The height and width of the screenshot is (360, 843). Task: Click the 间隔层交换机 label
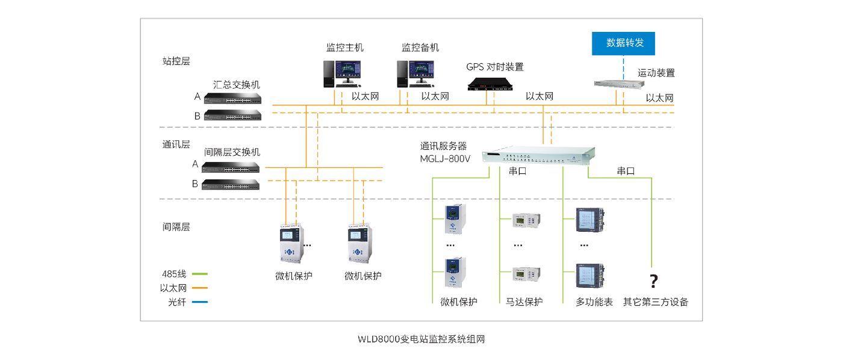pyautogui.click(x=232, y=152)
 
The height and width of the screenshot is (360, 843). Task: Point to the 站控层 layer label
pyautogui.click(x=176, y=60)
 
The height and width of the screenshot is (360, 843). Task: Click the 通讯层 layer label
pyautogui.click(x=176, y=144)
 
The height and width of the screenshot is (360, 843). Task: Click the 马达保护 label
pyautogui.click(x=523, y=302)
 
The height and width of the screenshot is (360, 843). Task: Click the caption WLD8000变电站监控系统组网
pyautogui.click(x=421, y=340)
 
